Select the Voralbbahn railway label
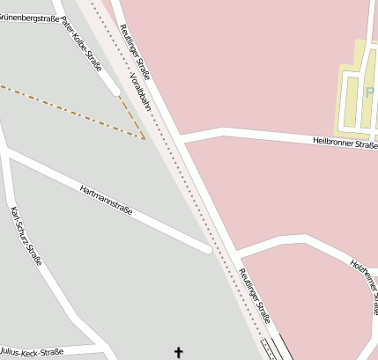[140, 92]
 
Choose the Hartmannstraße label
[106, 200]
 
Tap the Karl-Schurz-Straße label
[26, 236]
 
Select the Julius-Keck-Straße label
[32, 352]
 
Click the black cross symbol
[179, 352]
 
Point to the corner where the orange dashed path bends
[145, 137]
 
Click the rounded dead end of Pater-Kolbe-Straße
[115, 89]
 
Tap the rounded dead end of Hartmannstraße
[207, 249]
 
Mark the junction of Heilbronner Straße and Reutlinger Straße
[181, 137]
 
